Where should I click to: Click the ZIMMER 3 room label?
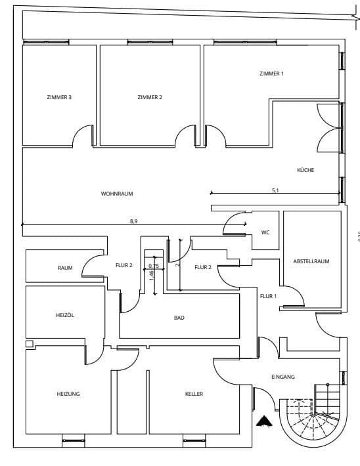point(59,97)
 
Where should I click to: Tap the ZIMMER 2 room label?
point(150,97)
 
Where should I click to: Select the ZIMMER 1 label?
point(271,74)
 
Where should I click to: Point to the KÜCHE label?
point(305,170)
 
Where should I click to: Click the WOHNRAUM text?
point(118,194)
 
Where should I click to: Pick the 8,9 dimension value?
point(134,221)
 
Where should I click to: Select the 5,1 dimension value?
point(276,190)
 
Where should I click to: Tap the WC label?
point(265,232)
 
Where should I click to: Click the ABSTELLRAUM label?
point(311,261)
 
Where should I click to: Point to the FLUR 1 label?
point(268,296)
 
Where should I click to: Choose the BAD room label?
point(179,318)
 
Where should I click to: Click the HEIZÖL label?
point(65,315)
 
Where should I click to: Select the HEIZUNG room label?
point(68,394)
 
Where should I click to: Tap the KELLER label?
point(194,394)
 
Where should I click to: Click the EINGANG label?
point(283,377)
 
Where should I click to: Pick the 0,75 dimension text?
point(154,266)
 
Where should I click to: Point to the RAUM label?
point(65,268)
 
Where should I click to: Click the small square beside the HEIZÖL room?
point(28,343)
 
